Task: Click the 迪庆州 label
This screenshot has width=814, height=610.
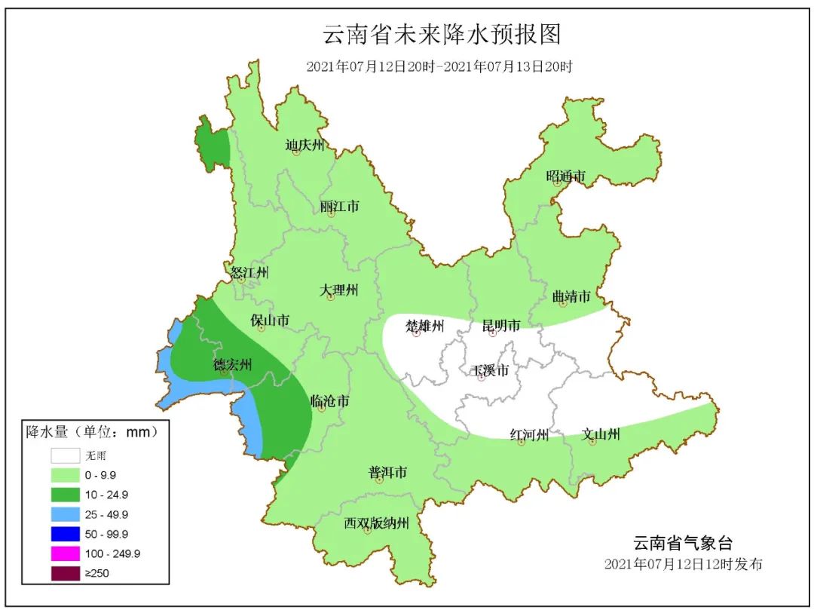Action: coord(304,145)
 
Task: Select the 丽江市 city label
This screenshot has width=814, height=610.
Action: coord(339,206)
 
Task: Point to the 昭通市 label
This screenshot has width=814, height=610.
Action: coord(565,177)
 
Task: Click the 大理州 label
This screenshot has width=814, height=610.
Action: coord(338,290)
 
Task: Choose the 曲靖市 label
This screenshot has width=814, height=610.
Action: coord(571,297)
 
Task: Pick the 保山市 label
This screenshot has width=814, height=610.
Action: coord(270,321)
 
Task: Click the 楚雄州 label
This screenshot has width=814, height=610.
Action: coord(425,326)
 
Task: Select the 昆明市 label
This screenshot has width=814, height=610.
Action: coord(501,326)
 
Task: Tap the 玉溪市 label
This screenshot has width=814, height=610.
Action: coord(489,371)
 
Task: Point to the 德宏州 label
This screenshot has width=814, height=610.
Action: coord(231,366)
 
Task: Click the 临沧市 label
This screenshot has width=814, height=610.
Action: coord(329,401)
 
